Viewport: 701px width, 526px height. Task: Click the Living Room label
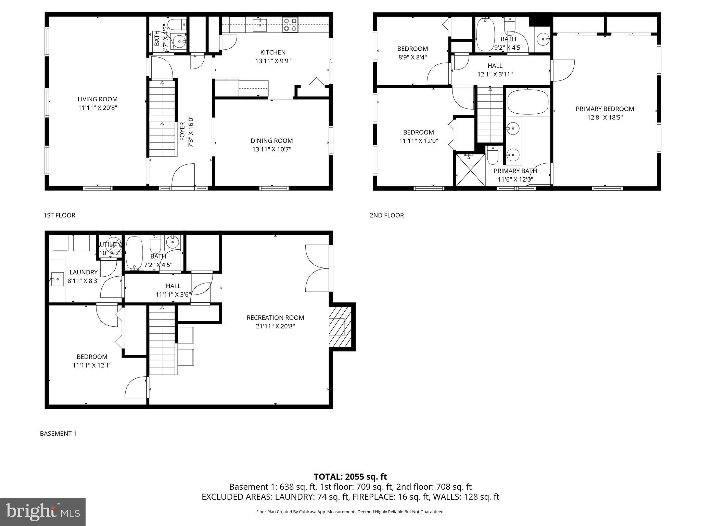[x=98, y=99]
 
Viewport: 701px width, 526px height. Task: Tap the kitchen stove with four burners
[x=290, y=25]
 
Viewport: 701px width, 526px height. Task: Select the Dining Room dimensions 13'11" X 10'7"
[x=271, y=149]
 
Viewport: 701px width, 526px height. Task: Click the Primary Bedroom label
[x=605, y=109]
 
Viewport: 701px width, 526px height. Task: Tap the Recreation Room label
[x=275, y=318]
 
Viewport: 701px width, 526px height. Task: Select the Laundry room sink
[x=56, y=279]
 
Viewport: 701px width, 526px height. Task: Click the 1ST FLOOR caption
[x=59, y=215]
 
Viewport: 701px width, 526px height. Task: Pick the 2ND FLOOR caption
[x=386, y=215]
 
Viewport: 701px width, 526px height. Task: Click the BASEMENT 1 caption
[x=58, y=434]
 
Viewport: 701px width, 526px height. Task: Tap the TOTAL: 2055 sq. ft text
[x=350, y=477]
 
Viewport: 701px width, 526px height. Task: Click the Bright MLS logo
[x=43, y=512]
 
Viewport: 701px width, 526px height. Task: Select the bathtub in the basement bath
[x=134, y=253]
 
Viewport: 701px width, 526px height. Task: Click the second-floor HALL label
[x=495, y=66]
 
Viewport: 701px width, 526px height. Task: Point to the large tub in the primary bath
[x=527, y=102]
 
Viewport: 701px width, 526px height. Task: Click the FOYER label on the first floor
[x=182, y=131]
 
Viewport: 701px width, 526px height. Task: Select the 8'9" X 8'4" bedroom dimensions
[x=412, y=57]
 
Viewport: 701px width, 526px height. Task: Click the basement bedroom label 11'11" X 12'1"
[x=92, y=365]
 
